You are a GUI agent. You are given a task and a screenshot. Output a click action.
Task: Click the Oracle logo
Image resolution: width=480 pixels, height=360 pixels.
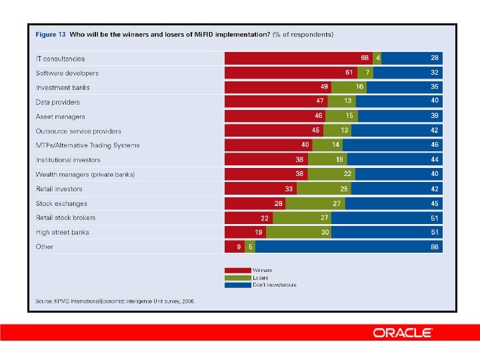403,333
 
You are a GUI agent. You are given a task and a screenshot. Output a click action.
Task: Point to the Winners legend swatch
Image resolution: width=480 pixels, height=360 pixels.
237,270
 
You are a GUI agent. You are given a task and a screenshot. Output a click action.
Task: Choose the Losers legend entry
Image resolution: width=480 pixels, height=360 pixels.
260,277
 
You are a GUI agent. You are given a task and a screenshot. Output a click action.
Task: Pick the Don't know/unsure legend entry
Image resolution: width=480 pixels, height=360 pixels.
273,285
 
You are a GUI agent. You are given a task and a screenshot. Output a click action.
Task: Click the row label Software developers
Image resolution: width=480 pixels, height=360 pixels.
67,73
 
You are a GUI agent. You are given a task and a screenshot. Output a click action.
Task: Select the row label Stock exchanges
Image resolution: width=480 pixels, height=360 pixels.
61,203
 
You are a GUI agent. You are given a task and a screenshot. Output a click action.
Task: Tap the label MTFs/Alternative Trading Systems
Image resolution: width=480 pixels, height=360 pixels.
87,145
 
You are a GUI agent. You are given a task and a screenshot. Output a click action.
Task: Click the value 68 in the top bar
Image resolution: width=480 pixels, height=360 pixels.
365,58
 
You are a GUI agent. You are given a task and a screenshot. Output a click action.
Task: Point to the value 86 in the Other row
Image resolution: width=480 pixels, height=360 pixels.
434,247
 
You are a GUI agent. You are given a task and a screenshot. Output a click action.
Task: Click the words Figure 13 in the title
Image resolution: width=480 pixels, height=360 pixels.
50,34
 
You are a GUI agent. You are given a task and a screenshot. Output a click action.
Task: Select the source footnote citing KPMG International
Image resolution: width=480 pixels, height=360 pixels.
115,301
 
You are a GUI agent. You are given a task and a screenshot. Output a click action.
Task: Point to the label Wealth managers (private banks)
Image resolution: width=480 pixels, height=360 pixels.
85,175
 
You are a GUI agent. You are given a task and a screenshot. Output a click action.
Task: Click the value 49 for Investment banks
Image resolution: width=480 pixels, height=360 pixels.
325,87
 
